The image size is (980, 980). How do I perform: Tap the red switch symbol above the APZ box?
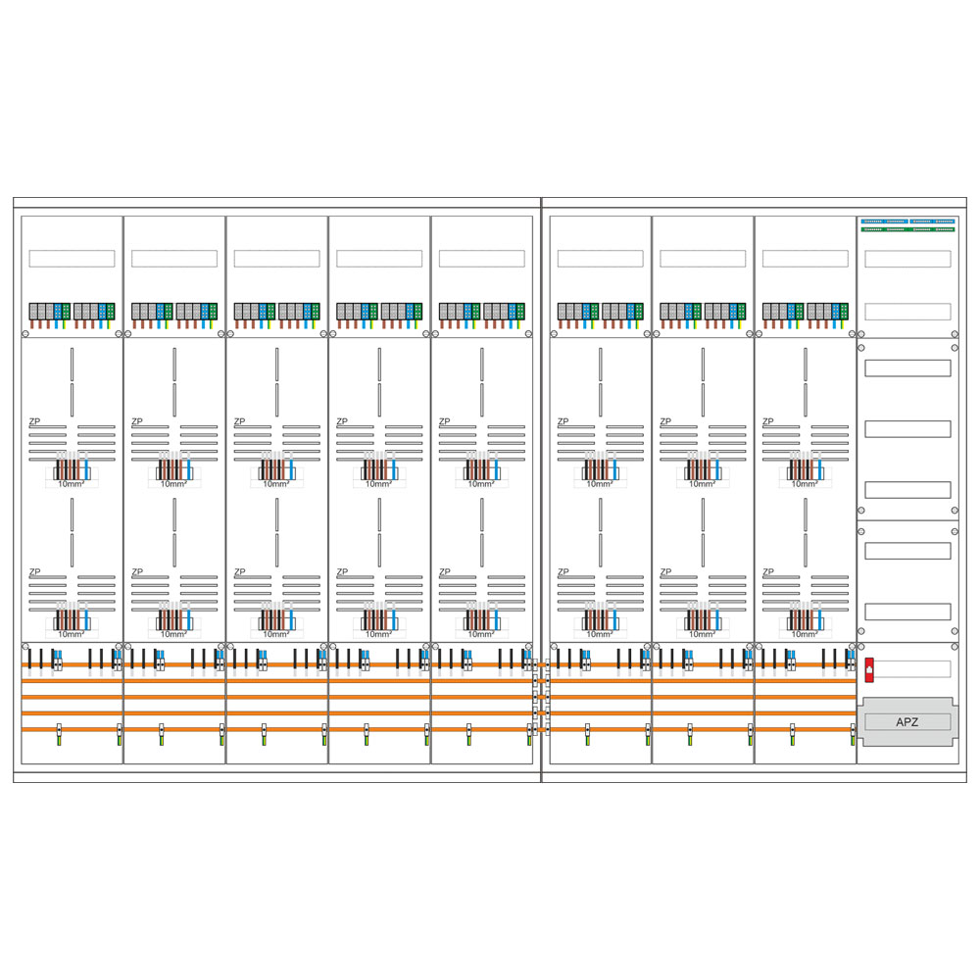click(x=869, y=669)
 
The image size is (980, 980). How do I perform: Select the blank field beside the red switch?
click(x=911, y=669)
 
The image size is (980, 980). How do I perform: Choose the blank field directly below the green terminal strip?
click(x=907, y=259)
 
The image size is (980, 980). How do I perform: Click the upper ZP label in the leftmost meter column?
click(x=34, y=421)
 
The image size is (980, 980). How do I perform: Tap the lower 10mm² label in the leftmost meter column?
click(x=71, y=634)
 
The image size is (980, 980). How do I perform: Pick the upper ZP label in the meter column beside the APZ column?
click(x=767, y=421)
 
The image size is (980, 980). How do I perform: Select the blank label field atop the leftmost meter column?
click(x=72, y=259)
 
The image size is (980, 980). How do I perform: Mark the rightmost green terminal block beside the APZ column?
click(x=846, y=312)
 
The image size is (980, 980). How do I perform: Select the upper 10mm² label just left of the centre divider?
click(x=480, y=484)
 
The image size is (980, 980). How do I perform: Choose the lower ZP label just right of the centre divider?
click(x=563, y=571)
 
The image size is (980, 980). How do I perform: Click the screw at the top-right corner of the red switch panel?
click(x=955, y=647)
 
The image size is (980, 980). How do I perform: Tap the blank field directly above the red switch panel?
click(x=907, y=612)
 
